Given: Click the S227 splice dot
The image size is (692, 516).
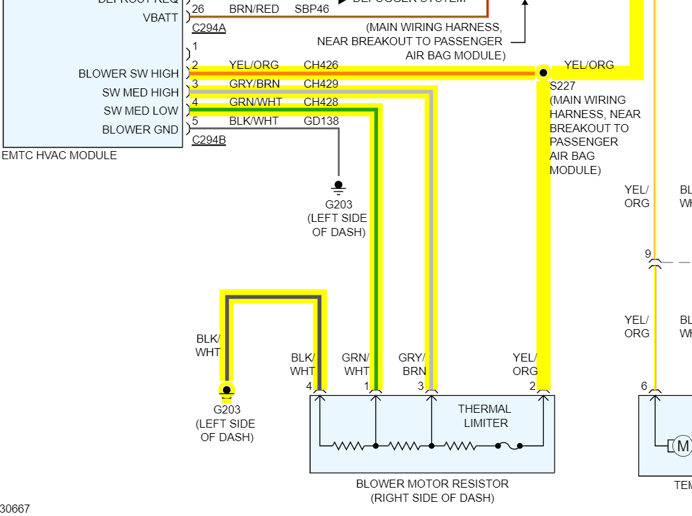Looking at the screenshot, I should click(543, 72).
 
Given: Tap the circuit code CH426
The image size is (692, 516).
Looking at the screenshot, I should click(321, 65).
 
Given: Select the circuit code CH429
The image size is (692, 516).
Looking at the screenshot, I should click(321, 84).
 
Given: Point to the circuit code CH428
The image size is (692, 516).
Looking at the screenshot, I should click(321, 103).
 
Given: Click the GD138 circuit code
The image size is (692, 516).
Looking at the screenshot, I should click(321, 121).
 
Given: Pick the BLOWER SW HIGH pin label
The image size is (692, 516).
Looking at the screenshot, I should click(129, 74).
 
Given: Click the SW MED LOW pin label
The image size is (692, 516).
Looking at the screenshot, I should click(141, 111).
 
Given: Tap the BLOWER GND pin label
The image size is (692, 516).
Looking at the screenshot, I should click(140, 130).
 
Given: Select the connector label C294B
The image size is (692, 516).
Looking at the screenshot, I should click(209, 140).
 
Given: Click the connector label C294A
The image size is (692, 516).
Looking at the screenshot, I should click(209, 28).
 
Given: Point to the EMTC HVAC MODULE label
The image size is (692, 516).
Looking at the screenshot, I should click(59, 155).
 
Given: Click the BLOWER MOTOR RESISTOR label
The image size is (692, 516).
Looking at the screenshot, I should click(432, 484).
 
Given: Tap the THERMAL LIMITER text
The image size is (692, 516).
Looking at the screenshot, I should click(485, 415).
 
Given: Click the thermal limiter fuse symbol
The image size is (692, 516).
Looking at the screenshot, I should click(509, 446).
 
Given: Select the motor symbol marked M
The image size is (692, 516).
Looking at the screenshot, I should click(683, 446).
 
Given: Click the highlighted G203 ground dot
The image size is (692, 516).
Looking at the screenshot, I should click(227, 390).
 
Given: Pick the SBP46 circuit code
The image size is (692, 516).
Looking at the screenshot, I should click(312, 9).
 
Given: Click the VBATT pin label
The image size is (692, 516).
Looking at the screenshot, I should click(160, 18).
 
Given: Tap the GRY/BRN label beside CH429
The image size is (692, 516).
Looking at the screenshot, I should click(254, 84).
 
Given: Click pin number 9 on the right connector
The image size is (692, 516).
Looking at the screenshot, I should click(648, 254).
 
